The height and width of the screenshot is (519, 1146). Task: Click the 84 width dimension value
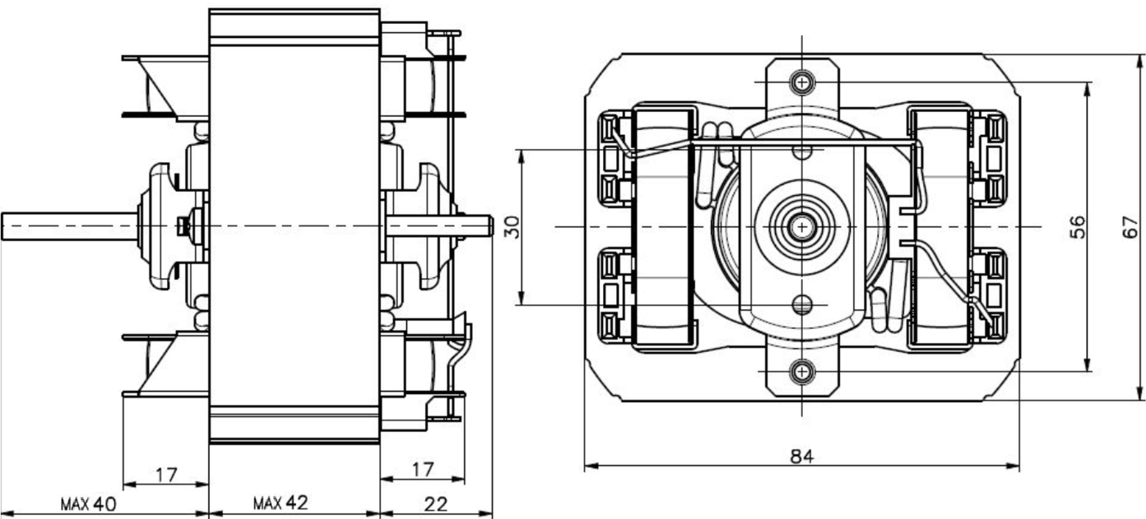802,456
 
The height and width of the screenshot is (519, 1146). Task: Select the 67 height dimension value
1132,226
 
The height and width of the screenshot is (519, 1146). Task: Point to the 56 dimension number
1078,226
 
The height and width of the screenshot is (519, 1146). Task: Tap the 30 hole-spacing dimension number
513,227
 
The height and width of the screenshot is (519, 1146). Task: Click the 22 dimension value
435,503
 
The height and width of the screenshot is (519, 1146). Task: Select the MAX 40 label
88,503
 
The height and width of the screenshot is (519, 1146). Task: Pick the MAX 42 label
280,502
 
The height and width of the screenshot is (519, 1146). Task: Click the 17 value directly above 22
422,469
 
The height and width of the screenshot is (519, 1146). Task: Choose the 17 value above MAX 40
166,475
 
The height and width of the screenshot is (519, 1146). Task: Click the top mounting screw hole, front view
802,81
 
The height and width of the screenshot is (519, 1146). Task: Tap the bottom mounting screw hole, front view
802,371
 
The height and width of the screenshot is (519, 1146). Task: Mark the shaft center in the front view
802,227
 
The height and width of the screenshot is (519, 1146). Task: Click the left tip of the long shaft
3,226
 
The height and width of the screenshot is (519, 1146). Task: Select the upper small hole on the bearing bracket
802,150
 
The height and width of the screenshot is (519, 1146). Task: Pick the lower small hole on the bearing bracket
802,304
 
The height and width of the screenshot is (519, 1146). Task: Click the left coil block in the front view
663,227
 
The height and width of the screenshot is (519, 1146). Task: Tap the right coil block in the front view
939,227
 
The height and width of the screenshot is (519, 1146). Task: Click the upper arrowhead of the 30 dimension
521,154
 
